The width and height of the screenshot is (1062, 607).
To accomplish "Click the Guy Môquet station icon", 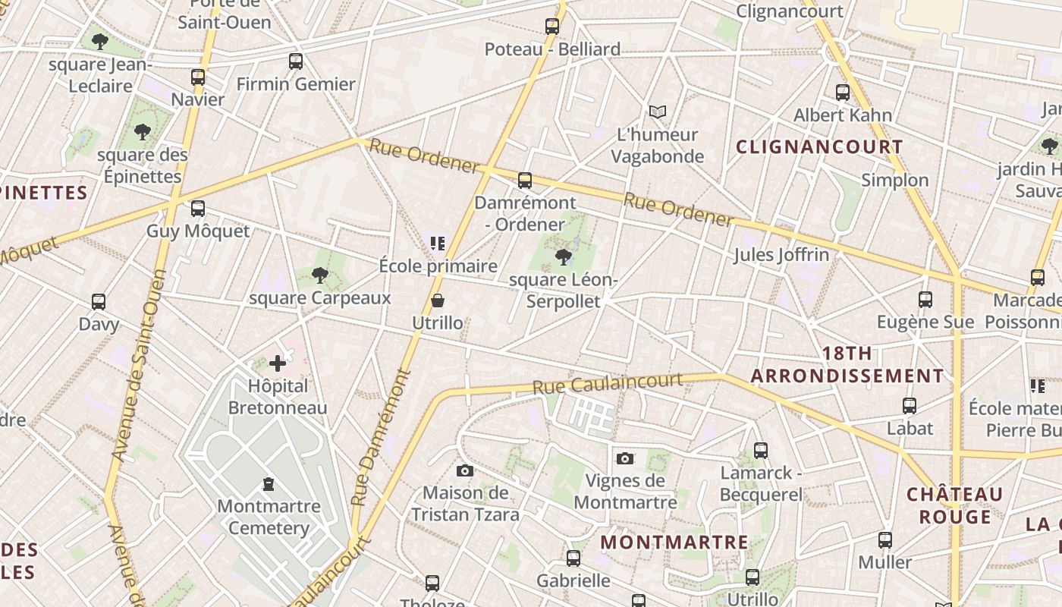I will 198,209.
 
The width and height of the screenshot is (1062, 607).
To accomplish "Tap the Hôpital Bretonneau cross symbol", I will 278,363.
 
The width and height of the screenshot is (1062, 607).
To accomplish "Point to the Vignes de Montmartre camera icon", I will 625,458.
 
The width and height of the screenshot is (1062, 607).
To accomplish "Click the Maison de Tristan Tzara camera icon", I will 465,471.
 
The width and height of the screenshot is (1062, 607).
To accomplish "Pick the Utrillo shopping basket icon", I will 438,301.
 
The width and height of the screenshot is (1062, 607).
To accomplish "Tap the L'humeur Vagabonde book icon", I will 658,112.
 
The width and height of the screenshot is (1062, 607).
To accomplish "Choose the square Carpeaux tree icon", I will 320,275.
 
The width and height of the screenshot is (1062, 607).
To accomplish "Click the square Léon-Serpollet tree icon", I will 563,256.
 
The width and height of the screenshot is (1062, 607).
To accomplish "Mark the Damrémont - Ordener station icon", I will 525,181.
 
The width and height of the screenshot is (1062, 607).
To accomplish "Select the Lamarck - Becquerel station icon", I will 761,451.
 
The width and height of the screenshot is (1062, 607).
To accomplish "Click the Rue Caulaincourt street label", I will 607,383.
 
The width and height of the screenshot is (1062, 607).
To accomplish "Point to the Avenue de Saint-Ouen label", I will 139,376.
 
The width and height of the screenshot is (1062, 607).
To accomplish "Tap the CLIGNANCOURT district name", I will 819,147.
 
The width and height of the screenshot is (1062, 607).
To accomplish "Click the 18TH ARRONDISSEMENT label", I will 847,365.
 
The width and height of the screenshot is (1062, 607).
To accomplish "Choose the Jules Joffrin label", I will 781,255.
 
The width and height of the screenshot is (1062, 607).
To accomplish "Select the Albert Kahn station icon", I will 843,93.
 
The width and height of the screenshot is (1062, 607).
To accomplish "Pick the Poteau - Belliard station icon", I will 552,27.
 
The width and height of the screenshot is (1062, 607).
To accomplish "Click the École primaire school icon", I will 437,244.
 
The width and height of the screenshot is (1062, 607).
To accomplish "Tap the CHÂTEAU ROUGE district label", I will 955,505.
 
